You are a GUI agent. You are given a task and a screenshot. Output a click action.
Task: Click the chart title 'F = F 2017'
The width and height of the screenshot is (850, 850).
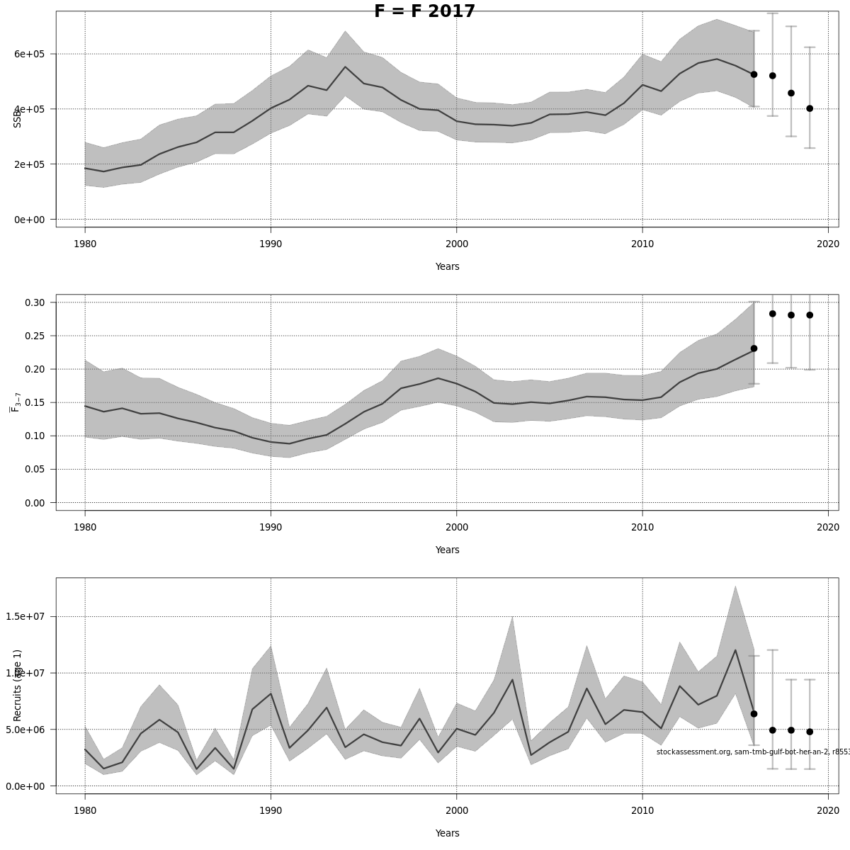click(424, 11)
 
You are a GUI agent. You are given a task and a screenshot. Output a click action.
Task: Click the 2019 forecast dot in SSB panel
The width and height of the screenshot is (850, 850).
click(810, 108)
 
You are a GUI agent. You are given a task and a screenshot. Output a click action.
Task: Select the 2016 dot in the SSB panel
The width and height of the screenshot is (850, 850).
click(754, 74)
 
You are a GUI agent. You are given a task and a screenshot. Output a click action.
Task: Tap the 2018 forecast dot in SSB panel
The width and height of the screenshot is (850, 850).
click(791, 93)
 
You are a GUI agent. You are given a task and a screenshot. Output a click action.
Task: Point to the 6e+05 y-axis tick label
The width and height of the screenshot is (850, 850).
click(30, 54)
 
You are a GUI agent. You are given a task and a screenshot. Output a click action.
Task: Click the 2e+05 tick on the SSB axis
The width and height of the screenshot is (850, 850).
click(30, 164)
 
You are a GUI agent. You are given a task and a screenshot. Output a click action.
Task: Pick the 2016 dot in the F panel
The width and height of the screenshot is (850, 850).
click(754, 348)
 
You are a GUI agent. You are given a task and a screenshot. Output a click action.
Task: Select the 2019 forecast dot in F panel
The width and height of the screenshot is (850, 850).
click(810, 315)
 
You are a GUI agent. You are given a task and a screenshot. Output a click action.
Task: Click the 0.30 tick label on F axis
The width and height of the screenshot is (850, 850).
click(35, 302)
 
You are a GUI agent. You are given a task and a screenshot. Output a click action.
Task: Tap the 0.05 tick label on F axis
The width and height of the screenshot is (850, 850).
click(35, 469)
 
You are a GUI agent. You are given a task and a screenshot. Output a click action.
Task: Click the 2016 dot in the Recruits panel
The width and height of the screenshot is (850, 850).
click(754, 714)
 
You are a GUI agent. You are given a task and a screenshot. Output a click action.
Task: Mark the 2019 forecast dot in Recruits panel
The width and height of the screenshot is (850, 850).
click(810, 732)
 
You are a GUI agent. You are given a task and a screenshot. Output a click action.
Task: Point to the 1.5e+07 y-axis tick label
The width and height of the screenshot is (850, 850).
click(29, 616)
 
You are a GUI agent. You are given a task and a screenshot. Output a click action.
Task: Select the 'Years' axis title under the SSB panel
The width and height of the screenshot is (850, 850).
click(447, 266)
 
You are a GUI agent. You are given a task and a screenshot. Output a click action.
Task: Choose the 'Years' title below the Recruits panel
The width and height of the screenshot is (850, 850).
click(447, 833)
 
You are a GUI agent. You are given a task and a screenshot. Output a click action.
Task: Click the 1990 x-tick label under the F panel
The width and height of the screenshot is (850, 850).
click(271, 527)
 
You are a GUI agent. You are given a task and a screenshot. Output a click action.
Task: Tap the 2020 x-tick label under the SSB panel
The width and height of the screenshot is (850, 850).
click(828, 244)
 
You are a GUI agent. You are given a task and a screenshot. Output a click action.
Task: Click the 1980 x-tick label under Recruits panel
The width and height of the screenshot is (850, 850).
click(85, 810)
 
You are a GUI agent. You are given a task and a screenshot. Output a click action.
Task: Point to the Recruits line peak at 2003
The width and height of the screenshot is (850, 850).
click(512, 680)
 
